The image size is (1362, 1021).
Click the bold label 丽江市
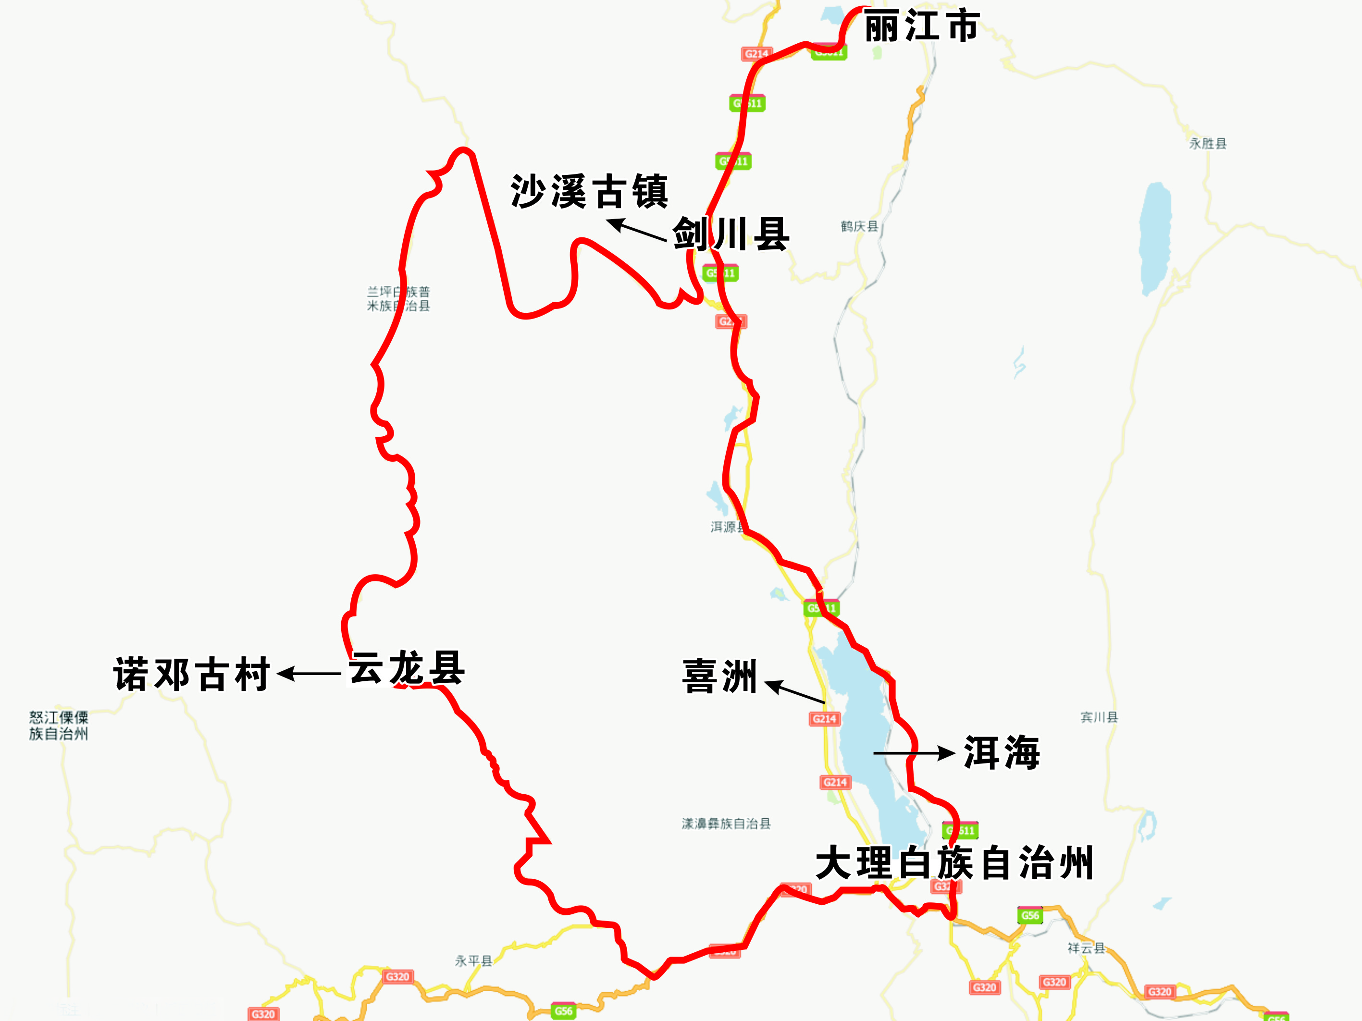point(921,26)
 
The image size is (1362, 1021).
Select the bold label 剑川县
point(731,234)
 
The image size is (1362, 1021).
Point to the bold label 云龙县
point(407,668)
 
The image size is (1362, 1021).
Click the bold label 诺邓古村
point(191,674)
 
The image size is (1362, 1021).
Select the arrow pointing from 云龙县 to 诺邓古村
point(309,674)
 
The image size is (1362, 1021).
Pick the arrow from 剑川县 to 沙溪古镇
point(637,230)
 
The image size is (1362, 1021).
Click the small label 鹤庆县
point(860,226)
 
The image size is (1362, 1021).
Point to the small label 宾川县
point(1099,717)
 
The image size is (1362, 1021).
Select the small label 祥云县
point(1086,948)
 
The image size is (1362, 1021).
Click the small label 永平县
point(473,960)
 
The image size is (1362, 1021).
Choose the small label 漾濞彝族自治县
point(726,824)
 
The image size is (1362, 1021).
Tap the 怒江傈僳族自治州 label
point(59,725)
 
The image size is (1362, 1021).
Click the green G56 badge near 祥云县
point(1030,915)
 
